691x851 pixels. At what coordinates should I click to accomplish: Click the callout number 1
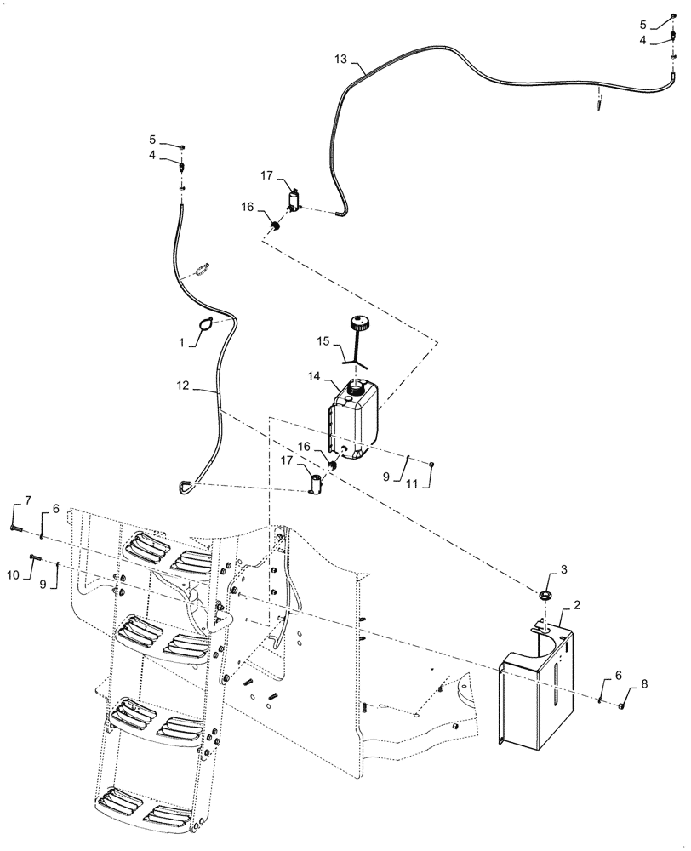(x=180, y=343)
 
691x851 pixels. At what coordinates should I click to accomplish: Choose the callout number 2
(x=577, y=605)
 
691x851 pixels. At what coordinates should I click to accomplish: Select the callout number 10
(x=14, y=575)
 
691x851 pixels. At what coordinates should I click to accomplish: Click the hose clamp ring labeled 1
(x=206, y=323)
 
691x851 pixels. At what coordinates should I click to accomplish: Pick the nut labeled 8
(x=623, y=706)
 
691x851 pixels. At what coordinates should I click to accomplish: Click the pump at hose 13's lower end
(x=294, y=201)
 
